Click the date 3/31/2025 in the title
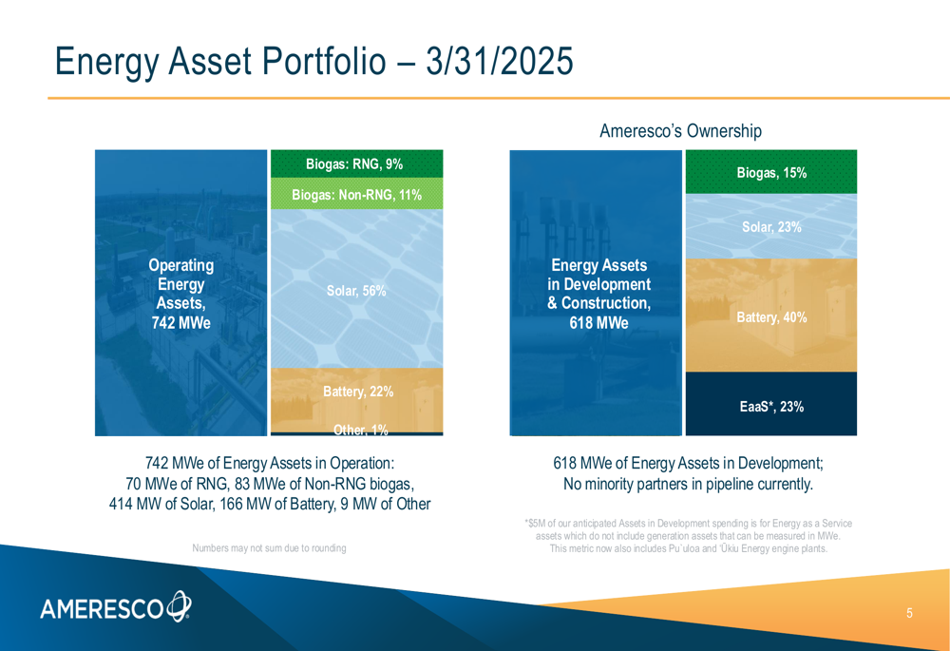tap(500, 61)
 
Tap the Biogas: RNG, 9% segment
tap(357, 163)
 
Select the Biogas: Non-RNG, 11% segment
tap(357, 193)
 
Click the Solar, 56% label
tap(356, 291)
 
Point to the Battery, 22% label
tap(358, 392)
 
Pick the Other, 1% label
tap(360, 430)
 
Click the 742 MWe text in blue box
tap(181, 322)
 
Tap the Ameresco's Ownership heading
tap(680, 131)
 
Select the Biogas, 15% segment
tap(771, 171)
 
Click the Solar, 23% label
tap(771, 227)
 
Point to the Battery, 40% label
tap(771, 317)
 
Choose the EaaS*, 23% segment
tap(771, 404)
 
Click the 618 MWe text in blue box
tap(598, 322)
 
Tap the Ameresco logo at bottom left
tap(116, 606)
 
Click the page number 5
tap(909, 613)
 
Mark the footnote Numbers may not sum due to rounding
tap(269, 548)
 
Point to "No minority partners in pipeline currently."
tap(688, 484)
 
